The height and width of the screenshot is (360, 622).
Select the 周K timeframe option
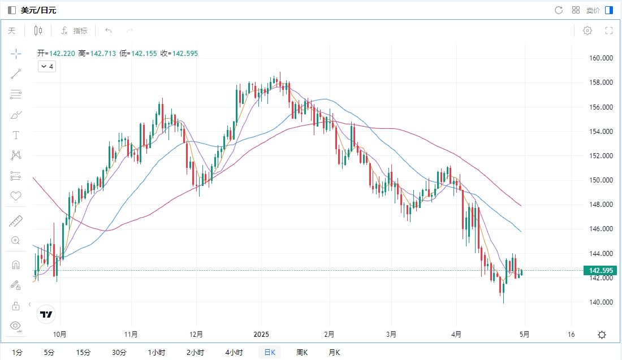point(302,353)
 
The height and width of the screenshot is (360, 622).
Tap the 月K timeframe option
point(334,353)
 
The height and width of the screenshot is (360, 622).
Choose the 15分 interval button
point(83,353)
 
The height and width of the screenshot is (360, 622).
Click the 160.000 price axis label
point(601,58)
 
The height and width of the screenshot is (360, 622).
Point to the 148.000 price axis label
point(601,205)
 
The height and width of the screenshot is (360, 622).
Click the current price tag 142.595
point(602,271)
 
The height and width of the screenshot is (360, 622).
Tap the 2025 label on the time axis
point(261,334)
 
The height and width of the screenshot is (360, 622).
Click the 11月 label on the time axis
point(131,334)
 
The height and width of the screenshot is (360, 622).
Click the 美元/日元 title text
point(38,10)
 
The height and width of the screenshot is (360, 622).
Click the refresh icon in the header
point(559,10)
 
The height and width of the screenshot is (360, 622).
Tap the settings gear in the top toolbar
point(588,31)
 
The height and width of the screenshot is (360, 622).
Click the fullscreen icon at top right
point(609,31)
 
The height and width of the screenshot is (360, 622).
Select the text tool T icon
point(16,135)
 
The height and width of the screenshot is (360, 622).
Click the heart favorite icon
point(16,196)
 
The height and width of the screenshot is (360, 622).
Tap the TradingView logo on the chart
point(46,314)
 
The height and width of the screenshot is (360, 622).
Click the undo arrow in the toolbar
point(109,31)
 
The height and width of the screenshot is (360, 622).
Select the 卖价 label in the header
point(593,10)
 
